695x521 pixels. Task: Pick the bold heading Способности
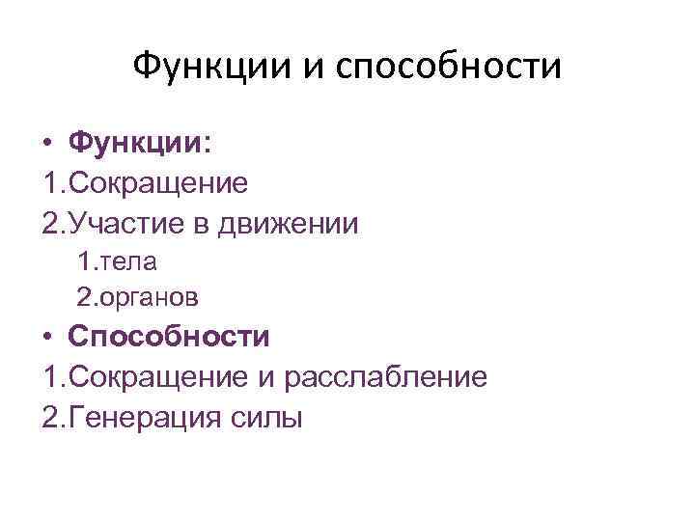click(169, 337)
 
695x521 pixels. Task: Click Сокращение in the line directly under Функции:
click(158, 183)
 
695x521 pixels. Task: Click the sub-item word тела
click(130, 261)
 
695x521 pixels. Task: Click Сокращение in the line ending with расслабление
click(158, 377)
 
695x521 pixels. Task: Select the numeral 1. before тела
click(87, 261)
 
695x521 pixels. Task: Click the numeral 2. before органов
click(87, 297)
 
